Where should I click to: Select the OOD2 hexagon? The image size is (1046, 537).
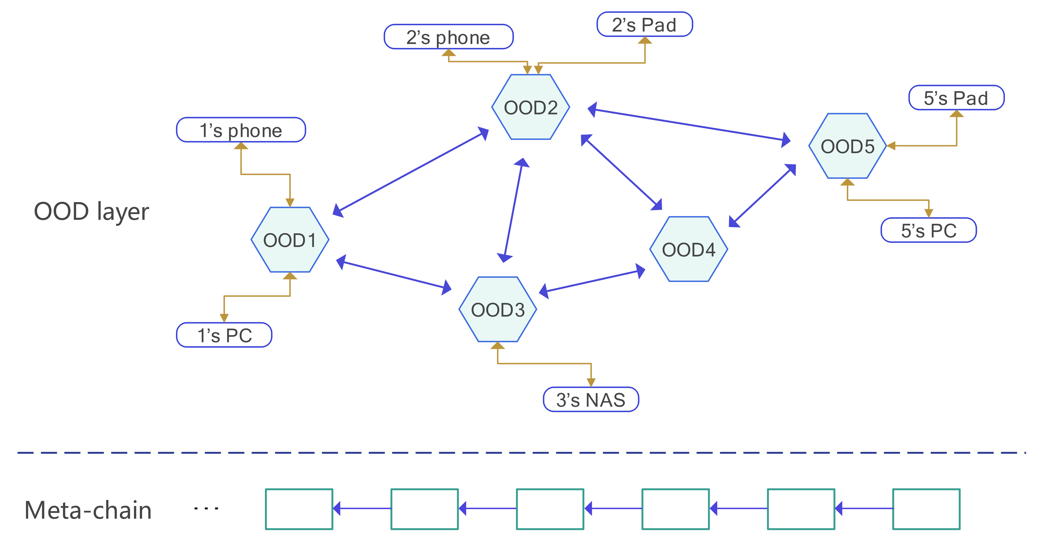click(531, 107)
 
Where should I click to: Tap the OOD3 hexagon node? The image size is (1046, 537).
click(498, 310)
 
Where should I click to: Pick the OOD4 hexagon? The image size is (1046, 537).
click(689, 249)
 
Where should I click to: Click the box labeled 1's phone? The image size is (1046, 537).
click(241, 130)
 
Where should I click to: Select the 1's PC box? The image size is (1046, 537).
click(224, 335)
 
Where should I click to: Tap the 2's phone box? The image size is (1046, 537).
click(448, 37)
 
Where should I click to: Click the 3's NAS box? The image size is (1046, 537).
click(591, 400)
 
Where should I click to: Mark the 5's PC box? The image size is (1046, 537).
click(929, 231)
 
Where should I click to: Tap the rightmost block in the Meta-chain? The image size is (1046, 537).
click(926, 509)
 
